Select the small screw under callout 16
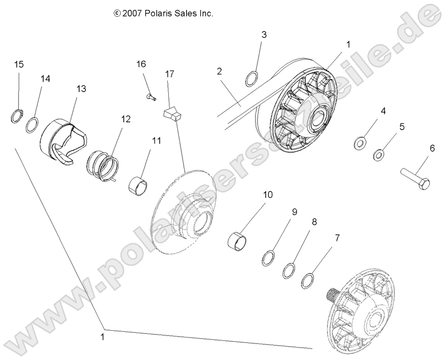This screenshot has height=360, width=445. coord(151,97)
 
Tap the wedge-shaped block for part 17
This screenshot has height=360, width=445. coord(172,115)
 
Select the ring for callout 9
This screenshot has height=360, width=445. coord(269,258)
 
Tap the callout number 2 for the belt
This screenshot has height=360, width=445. coord(219,72)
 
